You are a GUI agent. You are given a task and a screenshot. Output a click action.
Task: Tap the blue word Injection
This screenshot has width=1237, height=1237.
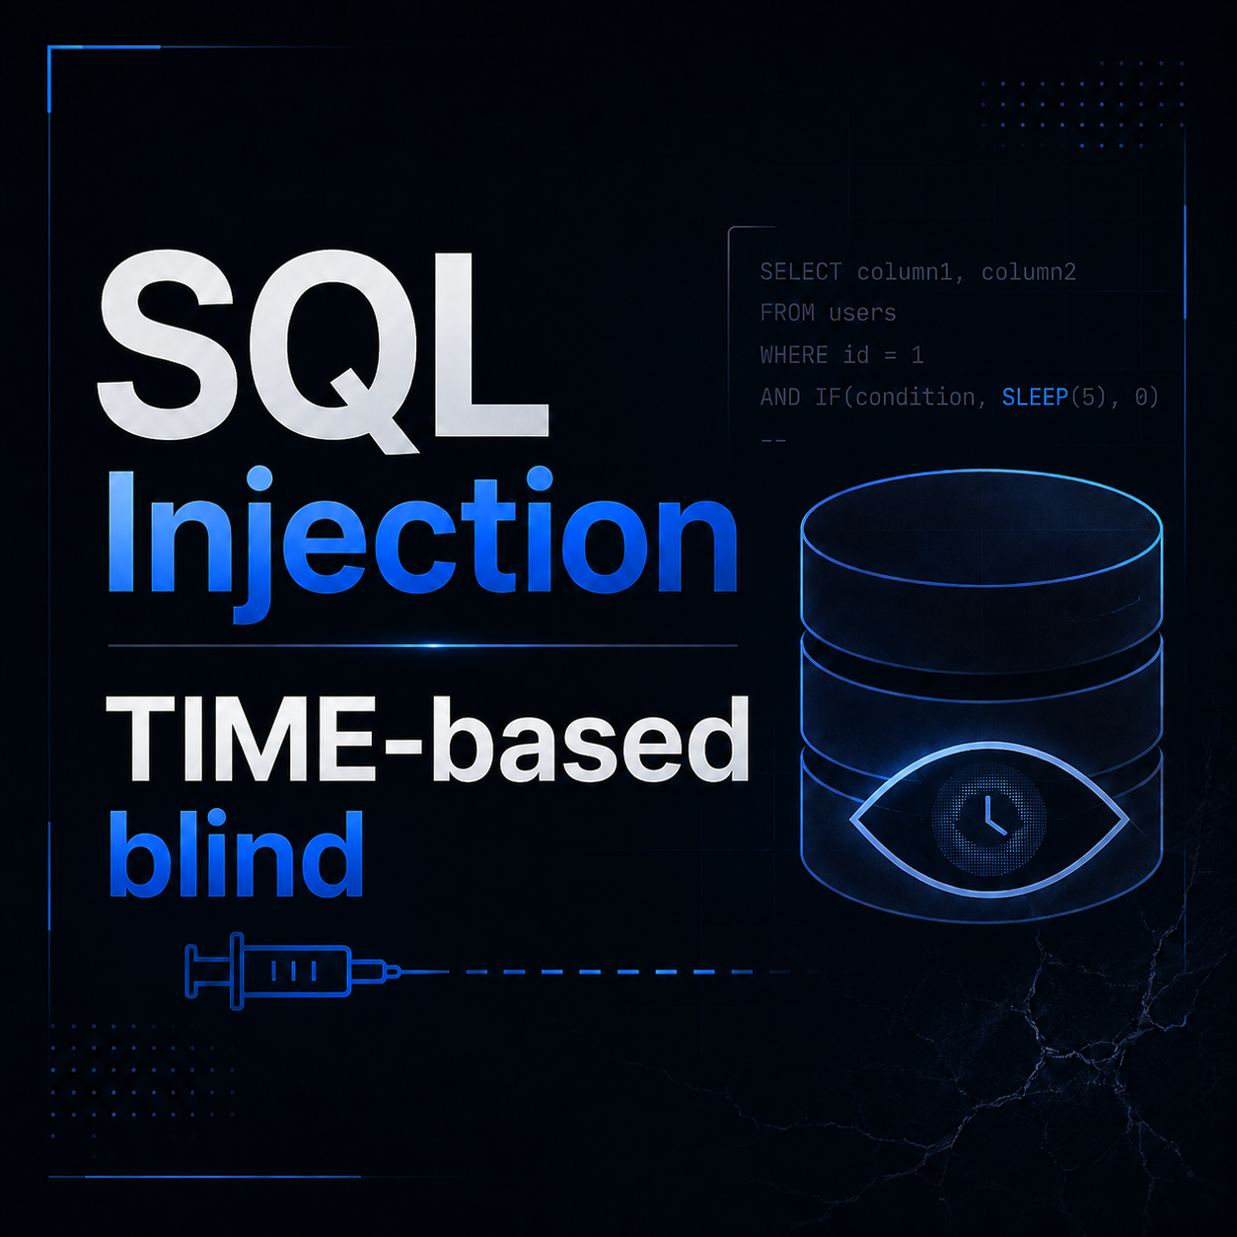tap(422, 545)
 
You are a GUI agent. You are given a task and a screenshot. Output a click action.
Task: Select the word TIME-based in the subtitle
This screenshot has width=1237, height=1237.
tap(427, 739)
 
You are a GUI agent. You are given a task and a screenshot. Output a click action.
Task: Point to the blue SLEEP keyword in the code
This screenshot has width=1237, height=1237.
tap(1035, 398)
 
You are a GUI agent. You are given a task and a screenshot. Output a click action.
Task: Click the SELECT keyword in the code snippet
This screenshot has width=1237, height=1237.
tap(800, 272)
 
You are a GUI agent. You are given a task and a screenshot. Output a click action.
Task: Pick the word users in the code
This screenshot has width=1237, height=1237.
tap(862, 314)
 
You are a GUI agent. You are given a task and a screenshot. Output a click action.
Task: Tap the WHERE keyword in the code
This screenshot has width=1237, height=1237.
tap(794, 355)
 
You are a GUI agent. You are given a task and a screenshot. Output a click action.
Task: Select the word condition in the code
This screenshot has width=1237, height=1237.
tap(914, 398)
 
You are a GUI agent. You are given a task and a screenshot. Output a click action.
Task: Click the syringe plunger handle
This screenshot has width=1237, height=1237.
tap(190, 972)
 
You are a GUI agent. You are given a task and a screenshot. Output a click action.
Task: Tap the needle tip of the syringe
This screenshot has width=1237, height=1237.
tap(448, 972)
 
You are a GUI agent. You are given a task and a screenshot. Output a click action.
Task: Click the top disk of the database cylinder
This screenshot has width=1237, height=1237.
tap(982, 529)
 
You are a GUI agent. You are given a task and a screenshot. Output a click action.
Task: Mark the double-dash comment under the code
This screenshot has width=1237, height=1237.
tap(773, 441)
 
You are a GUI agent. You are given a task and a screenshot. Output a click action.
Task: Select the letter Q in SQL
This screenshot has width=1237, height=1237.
tap(337, 350)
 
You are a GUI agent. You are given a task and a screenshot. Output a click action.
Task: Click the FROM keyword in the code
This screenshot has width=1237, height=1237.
tap(787, 314)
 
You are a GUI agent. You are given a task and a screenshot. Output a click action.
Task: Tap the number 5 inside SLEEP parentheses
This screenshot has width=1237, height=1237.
tap(1089, 398)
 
